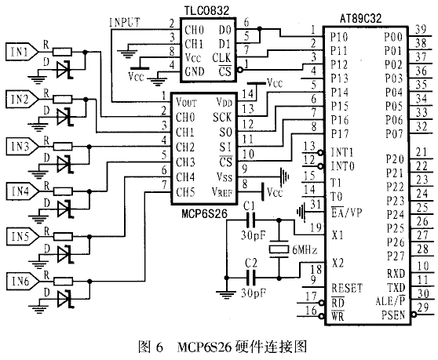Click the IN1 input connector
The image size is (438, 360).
(22, 52)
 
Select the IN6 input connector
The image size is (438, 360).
(22, 281)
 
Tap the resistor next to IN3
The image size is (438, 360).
(63, 147)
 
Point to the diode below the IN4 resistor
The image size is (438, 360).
(65, 209)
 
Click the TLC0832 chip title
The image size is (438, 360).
(206, 11)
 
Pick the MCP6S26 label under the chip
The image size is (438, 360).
(204, 214)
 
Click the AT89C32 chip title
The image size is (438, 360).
(360, 19)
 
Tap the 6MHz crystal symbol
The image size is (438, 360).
(279, 249)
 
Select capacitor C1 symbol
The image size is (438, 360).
(250, 220)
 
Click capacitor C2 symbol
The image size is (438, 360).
(250, 278)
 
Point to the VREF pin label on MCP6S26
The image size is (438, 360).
(222, 192)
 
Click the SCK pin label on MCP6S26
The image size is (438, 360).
(222, 117)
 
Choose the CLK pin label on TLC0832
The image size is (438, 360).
(222, 58)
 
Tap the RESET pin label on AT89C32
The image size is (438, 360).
(347, 288)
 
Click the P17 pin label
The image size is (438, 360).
(340, 134)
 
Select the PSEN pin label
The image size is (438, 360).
(393, 315)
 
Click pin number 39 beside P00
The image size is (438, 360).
(421, 29)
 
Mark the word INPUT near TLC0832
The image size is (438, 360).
(125, 22)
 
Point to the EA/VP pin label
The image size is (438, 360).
(346, 213)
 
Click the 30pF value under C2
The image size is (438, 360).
(254, 293)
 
